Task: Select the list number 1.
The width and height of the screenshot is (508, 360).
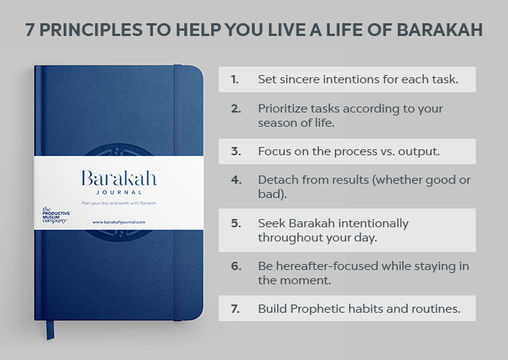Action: pyautogui.click(x=235, y=79)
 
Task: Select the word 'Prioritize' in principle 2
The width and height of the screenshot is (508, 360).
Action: pyautogui.click(x=285, y=108)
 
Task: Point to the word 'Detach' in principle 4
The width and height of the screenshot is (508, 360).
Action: pyautogui.click(x=276, y=180)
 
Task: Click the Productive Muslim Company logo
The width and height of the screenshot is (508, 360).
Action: pyautogui.click(x=55, y=215)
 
